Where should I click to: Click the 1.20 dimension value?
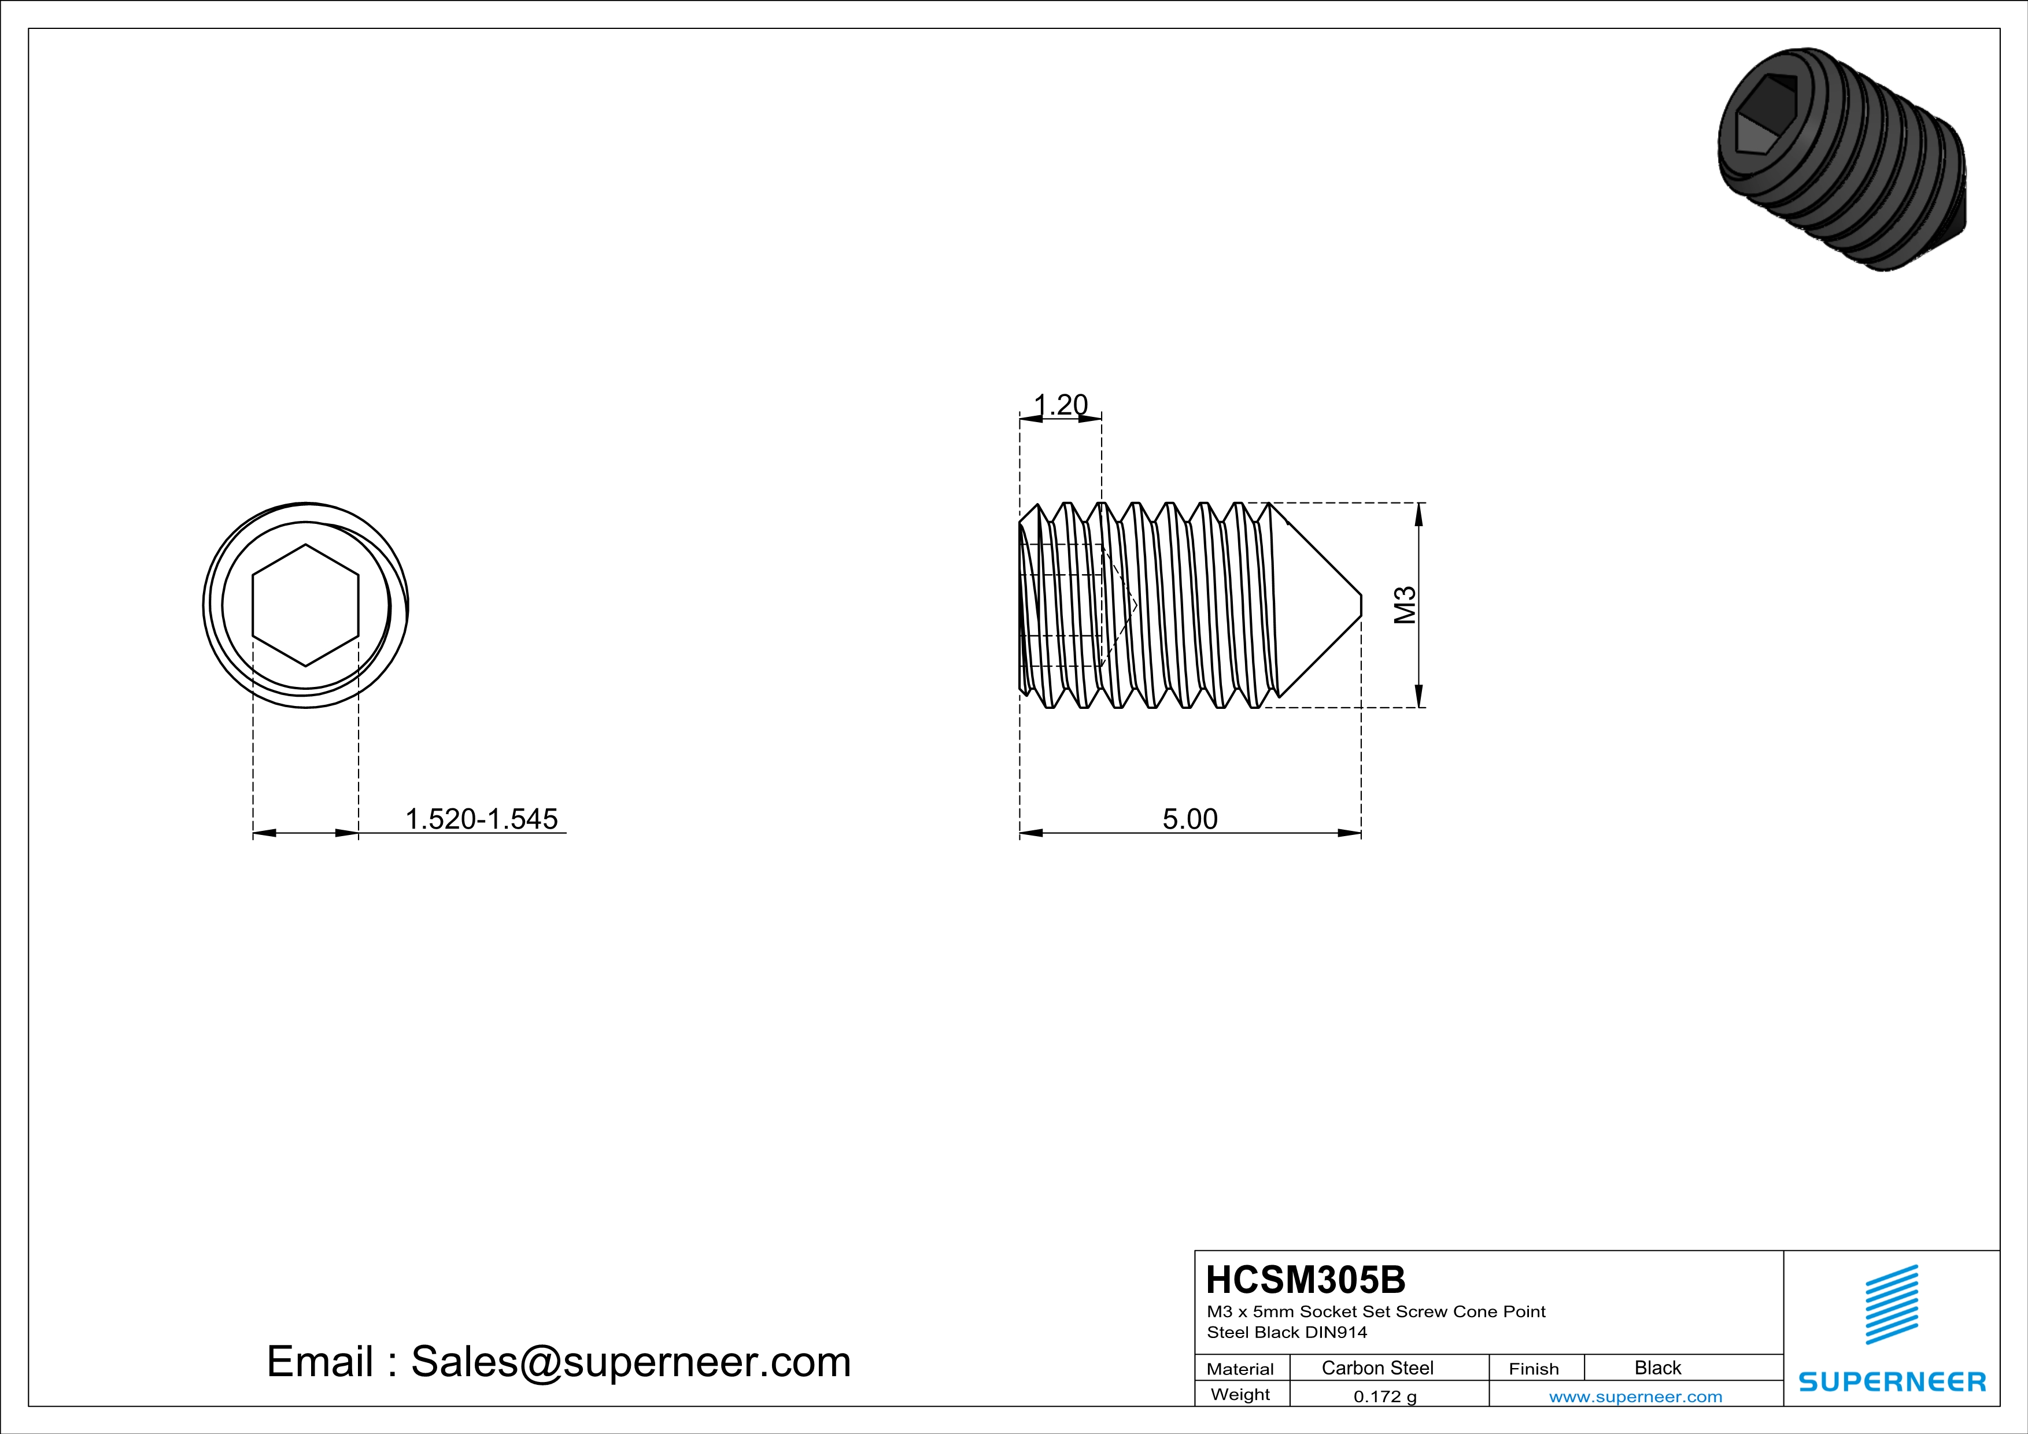point(1060,405)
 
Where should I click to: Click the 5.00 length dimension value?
point(1189,819)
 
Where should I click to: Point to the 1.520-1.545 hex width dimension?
point(481,819)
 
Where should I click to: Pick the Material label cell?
point(1240,1369)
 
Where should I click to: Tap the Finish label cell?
point(1534,1369)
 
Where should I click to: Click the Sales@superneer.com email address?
point(631,1362)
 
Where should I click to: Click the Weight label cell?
point(1240,1394)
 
